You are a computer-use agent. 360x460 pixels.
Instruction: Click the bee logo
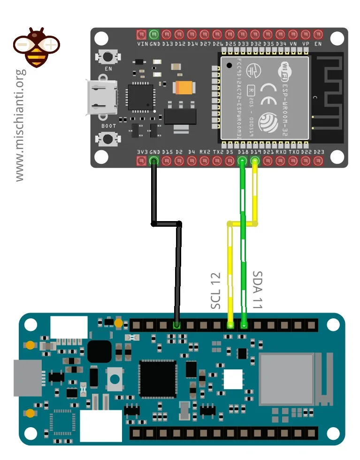click(x=36, y=47)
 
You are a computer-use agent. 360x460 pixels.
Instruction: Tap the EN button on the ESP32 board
click(x=108, y=57)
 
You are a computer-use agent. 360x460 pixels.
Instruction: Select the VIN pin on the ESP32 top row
click(x=141, y=34)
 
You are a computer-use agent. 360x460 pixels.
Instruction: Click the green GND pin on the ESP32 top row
click(x=154, y=34)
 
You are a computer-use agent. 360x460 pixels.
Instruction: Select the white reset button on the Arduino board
click(x=114, y=378)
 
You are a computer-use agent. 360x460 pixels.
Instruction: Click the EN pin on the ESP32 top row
click(x=318, y=34)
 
